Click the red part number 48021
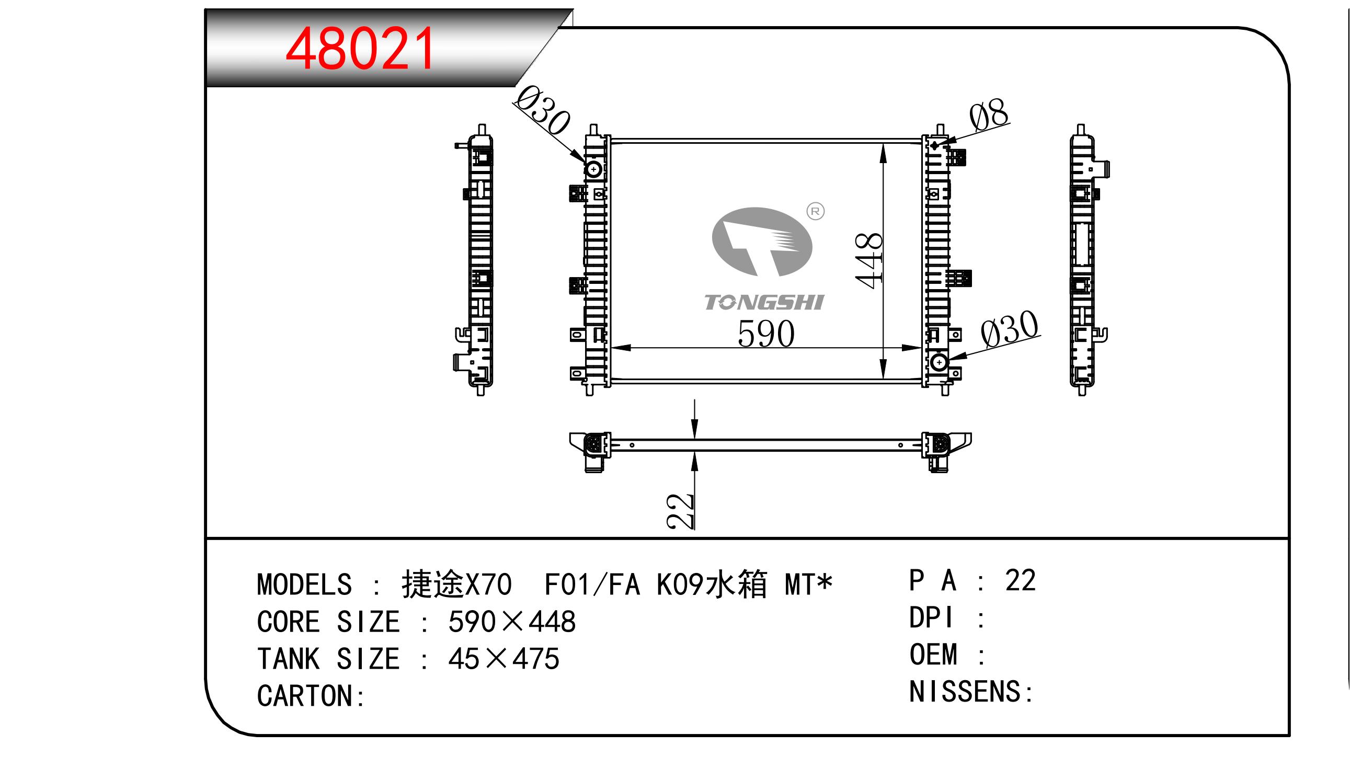(x=360, y=49)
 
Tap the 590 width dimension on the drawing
(x=765, y=333)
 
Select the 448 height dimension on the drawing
(x=868, y=260)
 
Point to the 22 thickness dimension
(x=680, y=511)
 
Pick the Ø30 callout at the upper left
(x=542, y=110)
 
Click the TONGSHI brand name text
(x=764, y=302)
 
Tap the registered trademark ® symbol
(x=816, y=211)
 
